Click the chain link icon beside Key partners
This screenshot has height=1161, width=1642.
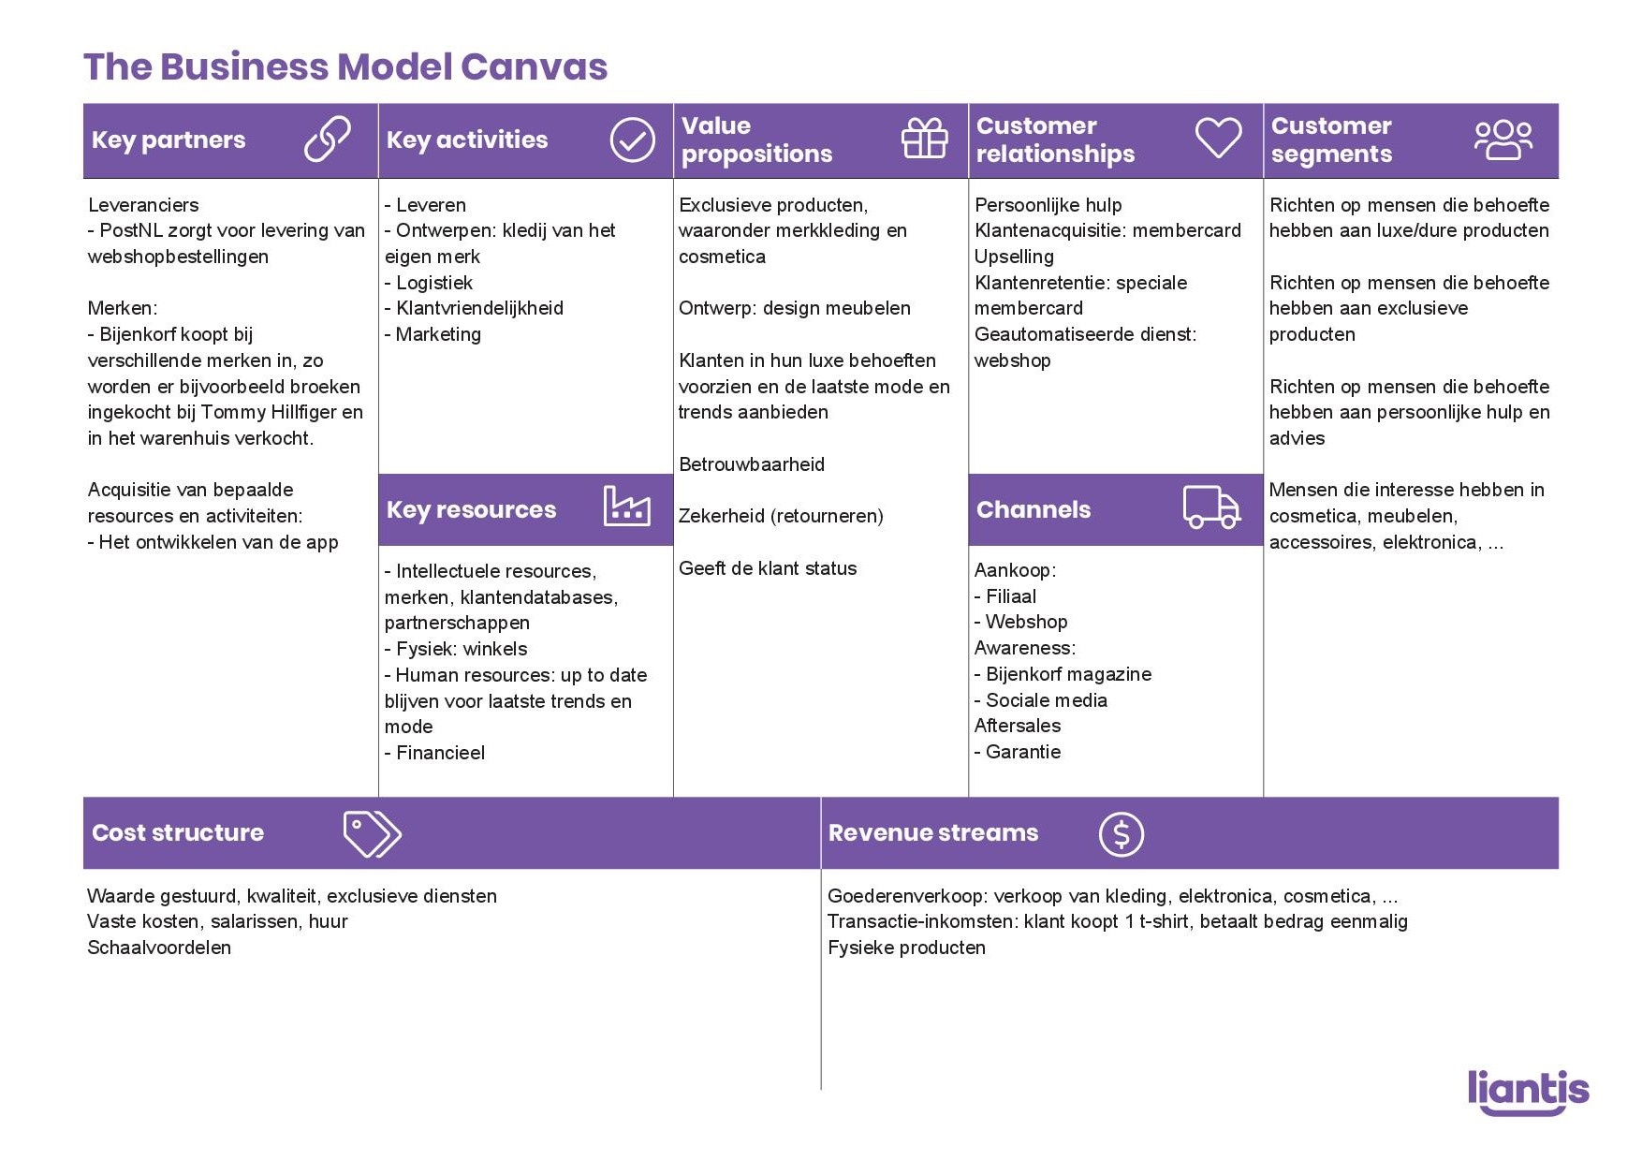point(328,140)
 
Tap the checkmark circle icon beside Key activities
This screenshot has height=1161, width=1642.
point(633,140)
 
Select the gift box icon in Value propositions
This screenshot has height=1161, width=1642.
point(925,139)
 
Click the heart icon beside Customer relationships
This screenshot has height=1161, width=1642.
point(1219,138)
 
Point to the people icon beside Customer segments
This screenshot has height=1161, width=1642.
point(1503,140)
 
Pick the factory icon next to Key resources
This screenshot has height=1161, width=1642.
point(627,507)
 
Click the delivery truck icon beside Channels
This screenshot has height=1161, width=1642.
point(1211,507)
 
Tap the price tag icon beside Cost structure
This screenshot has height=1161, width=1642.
point(372,833)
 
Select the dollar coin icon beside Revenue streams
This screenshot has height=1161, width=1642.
point(1122,833)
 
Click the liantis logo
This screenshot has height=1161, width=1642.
point(1528,1092)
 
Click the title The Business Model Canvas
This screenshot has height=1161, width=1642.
point(345,67)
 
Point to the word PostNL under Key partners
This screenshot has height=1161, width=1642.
point(131,230)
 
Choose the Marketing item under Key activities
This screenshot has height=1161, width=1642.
point(438,334)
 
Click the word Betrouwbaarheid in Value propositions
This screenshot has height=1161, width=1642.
point(752,464)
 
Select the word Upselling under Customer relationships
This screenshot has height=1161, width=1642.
point(1014,257)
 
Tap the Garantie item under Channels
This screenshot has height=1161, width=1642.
point(1023,752)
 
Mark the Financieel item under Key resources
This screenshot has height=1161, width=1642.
point(440,753)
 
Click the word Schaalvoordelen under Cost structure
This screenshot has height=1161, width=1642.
point(159,948)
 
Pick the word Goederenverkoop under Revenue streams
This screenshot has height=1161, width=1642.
point(905,896)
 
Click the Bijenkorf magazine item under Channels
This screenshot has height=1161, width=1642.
point(1068,674)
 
